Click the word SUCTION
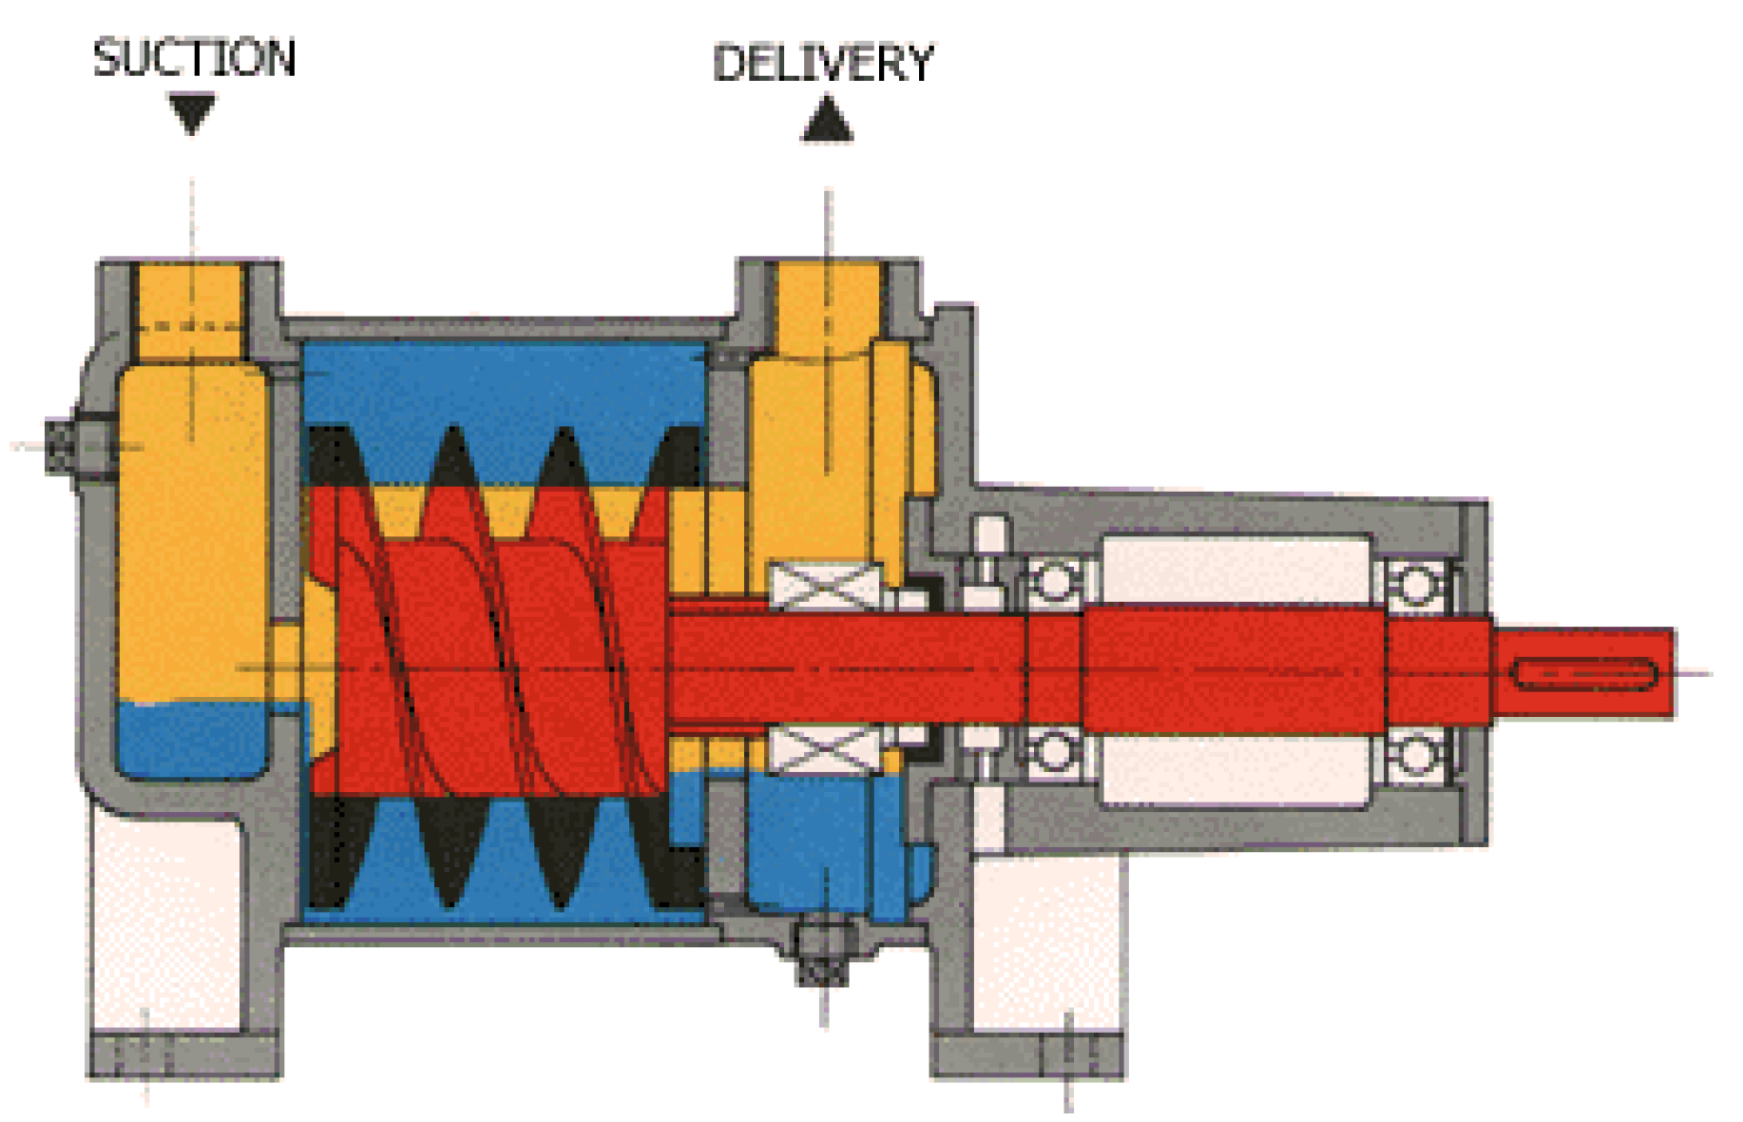point(194,59)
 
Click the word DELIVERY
point(823,64)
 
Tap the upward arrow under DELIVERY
point(827,121)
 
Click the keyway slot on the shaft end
point(1582,675)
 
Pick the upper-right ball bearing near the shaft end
point(1415,585)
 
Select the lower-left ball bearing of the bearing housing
point(1054,751)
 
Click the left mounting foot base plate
point(184,1055)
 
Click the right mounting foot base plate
point(1027,1055)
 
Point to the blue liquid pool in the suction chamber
point(190,737)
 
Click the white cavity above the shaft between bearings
point(1235,569)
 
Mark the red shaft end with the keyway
point(1582,673)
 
